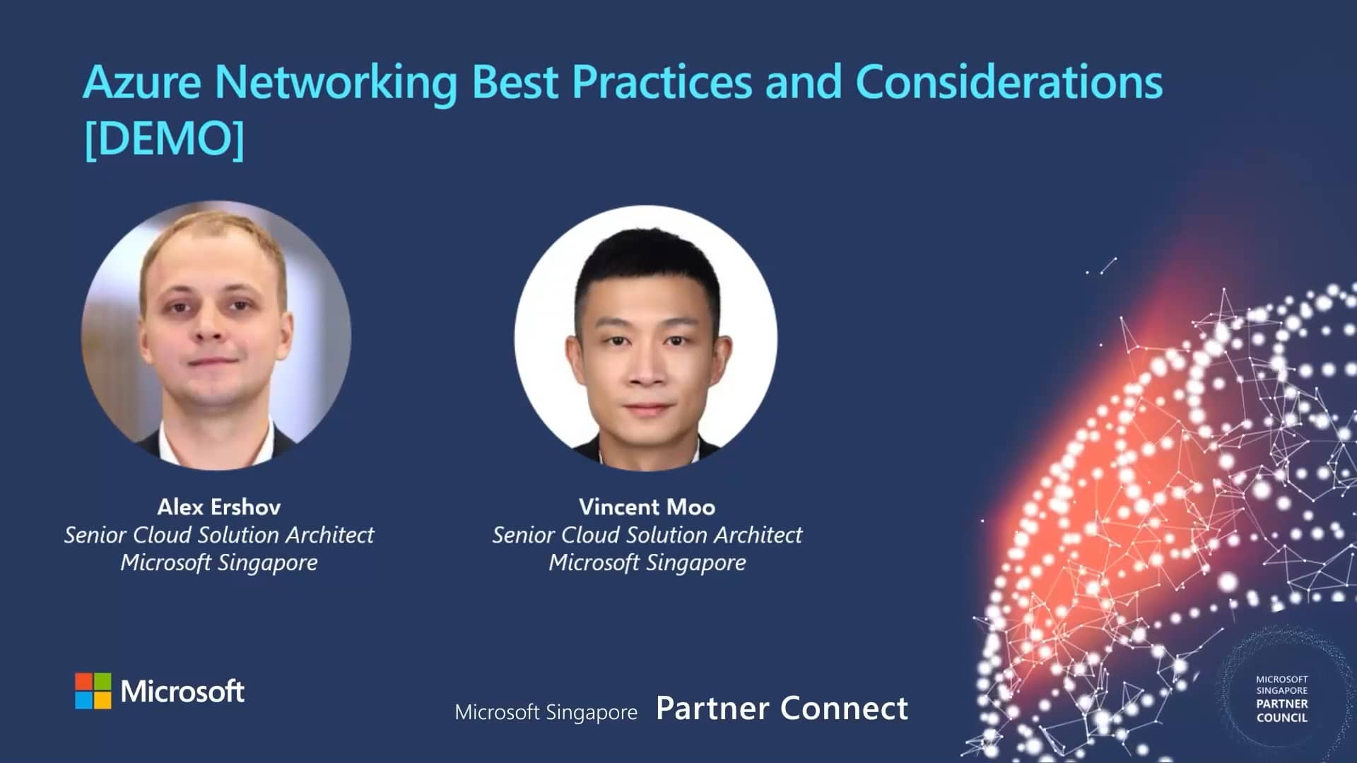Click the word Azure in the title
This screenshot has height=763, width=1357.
click(142, 82)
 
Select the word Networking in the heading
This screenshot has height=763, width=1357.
click(336, 83)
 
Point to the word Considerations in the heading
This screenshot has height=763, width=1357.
click(1009, 82)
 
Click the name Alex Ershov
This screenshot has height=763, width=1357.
click(219, 507)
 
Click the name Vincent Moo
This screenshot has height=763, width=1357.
click(647, 507)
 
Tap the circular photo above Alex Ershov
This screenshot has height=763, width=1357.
click(216, 336)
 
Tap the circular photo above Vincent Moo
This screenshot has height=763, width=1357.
click(646, 338)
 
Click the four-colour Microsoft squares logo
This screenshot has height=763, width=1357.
click(93, 690)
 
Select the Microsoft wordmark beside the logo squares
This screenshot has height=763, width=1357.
click(182, 691)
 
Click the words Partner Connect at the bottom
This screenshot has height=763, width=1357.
click(782, 709)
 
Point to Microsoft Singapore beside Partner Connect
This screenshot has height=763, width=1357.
click(546, 712)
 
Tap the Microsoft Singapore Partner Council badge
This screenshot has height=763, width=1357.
click(1281, 699)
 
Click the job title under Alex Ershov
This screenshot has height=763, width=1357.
click(219, 535)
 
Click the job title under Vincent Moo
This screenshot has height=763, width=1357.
click(647, 535)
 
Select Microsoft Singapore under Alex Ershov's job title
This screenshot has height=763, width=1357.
click(219, 562)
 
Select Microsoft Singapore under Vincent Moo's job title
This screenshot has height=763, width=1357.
click(647, 562)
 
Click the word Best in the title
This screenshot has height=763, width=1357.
click(515, 82)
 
